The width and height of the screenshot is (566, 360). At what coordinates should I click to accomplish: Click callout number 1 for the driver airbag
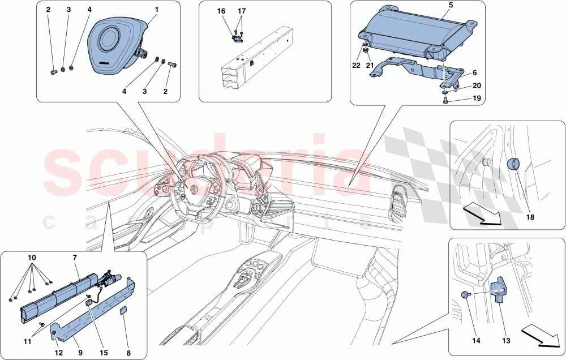click(157, 10)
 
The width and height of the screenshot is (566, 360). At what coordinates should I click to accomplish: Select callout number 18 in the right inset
click(530, 217)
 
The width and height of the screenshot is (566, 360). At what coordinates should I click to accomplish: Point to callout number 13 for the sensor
click(506, 340)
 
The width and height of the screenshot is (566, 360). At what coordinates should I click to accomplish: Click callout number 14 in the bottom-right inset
click(476, 340)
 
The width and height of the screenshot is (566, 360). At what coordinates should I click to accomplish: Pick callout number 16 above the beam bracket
click(221, 11)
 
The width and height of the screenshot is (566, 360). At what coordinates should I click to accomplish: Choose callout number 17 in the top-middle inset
click(242, 11)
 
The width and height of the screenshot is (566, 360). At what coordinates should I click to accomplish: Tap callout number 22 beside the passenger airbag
click(356, 65)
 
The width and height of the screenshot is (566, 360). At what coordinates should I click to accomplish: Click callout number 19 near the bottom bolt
click(477, 98)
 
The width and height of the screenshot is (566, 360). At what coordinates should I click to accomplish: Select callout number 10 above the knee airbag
click(32, 258)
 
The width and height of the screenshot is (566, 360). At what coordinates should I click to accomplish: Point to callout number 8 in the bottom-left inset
click(128, 353)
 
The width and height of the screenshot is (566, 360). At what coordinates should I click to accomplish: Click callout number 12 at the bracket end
click(58, 353)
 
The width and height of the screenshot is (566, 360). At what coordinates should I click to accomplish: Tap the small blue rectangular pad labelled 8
click(123, 311)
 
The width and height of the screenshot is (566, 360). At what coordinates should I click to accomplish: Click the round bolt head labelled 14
click(464, 295)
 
